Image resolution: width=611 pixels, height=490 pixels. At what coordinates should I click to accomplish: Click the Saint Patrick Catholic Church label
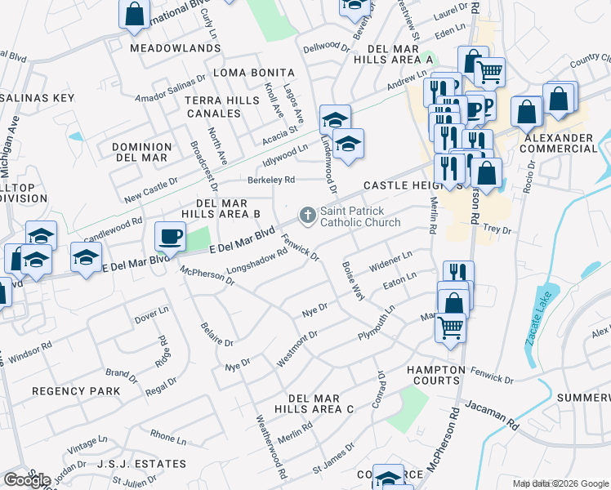pos(359,216)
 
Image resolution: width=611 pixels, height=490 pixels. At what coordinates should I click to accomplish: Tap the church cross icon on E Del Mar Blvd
pos(307,216)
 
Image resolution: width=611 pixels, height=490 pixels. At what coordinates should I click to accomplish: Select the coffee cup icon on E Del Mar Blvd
pos(170,236)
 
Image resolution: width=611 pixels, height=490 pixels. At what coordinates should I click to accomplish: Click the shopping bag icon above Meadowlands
pos(134,14)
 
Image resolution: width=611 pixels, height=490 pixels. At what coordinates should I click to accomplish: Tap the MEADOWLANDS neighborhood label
pos(175,48)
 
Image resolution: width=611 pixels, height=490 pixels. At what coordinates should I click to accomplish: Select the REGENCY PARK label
pos(76,391)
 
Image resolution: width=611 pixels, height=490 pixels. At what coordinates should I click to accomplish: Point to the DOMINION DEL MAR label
pos(141,153)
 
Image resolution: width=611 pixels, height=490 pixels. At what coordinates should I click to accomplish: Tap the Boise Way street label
pos(353,282)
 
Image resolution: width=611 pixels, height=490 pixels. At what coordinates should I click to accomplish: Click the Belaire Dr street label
pos(217,332)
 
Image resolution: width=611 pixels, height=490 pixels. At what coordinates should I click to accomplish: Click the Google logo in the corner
pos(27,479)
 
